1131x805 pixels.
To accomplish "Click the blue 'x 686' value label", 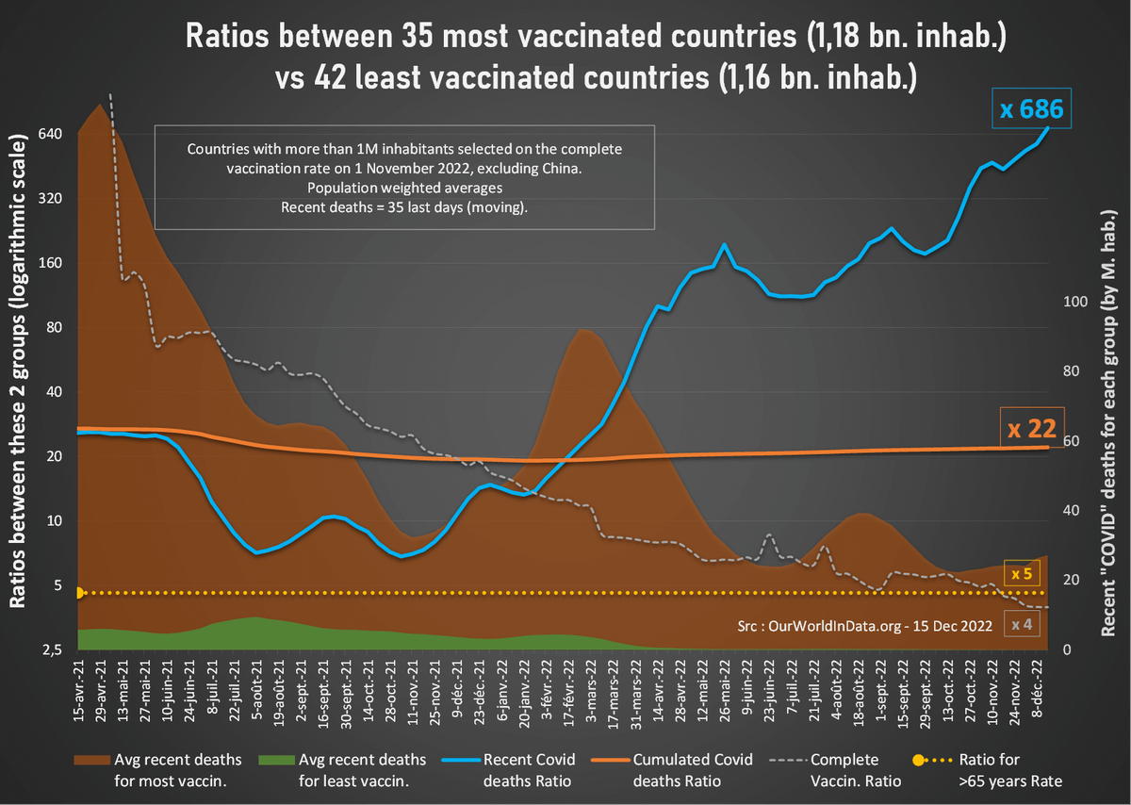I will [x=1031, y=110].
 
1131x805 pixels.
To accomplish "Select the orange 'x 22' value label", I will [x=1030, y=429].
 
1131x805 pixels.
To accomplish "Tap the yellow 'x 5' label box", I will [x=1022, y=573].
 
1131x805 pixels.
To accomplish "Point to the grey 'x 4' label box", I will [x=1022, y=623].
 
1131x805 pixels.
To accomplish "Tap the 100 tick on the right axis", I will [x=1075, y=302].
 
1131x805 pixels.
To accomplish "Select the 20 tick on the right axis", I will [x=1072, y=581].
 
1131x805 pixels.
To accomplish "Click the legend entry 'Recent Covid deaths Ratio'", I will [x=516, y=769].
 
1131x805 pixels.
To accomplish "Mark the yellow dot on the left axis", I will [x=79, y=593].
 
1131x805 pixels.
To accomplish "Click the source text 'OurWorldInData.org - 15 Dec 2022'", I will [x=879, y=624].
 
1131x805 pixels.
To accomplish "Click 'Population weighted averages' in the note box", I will [x=403, y=188].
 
